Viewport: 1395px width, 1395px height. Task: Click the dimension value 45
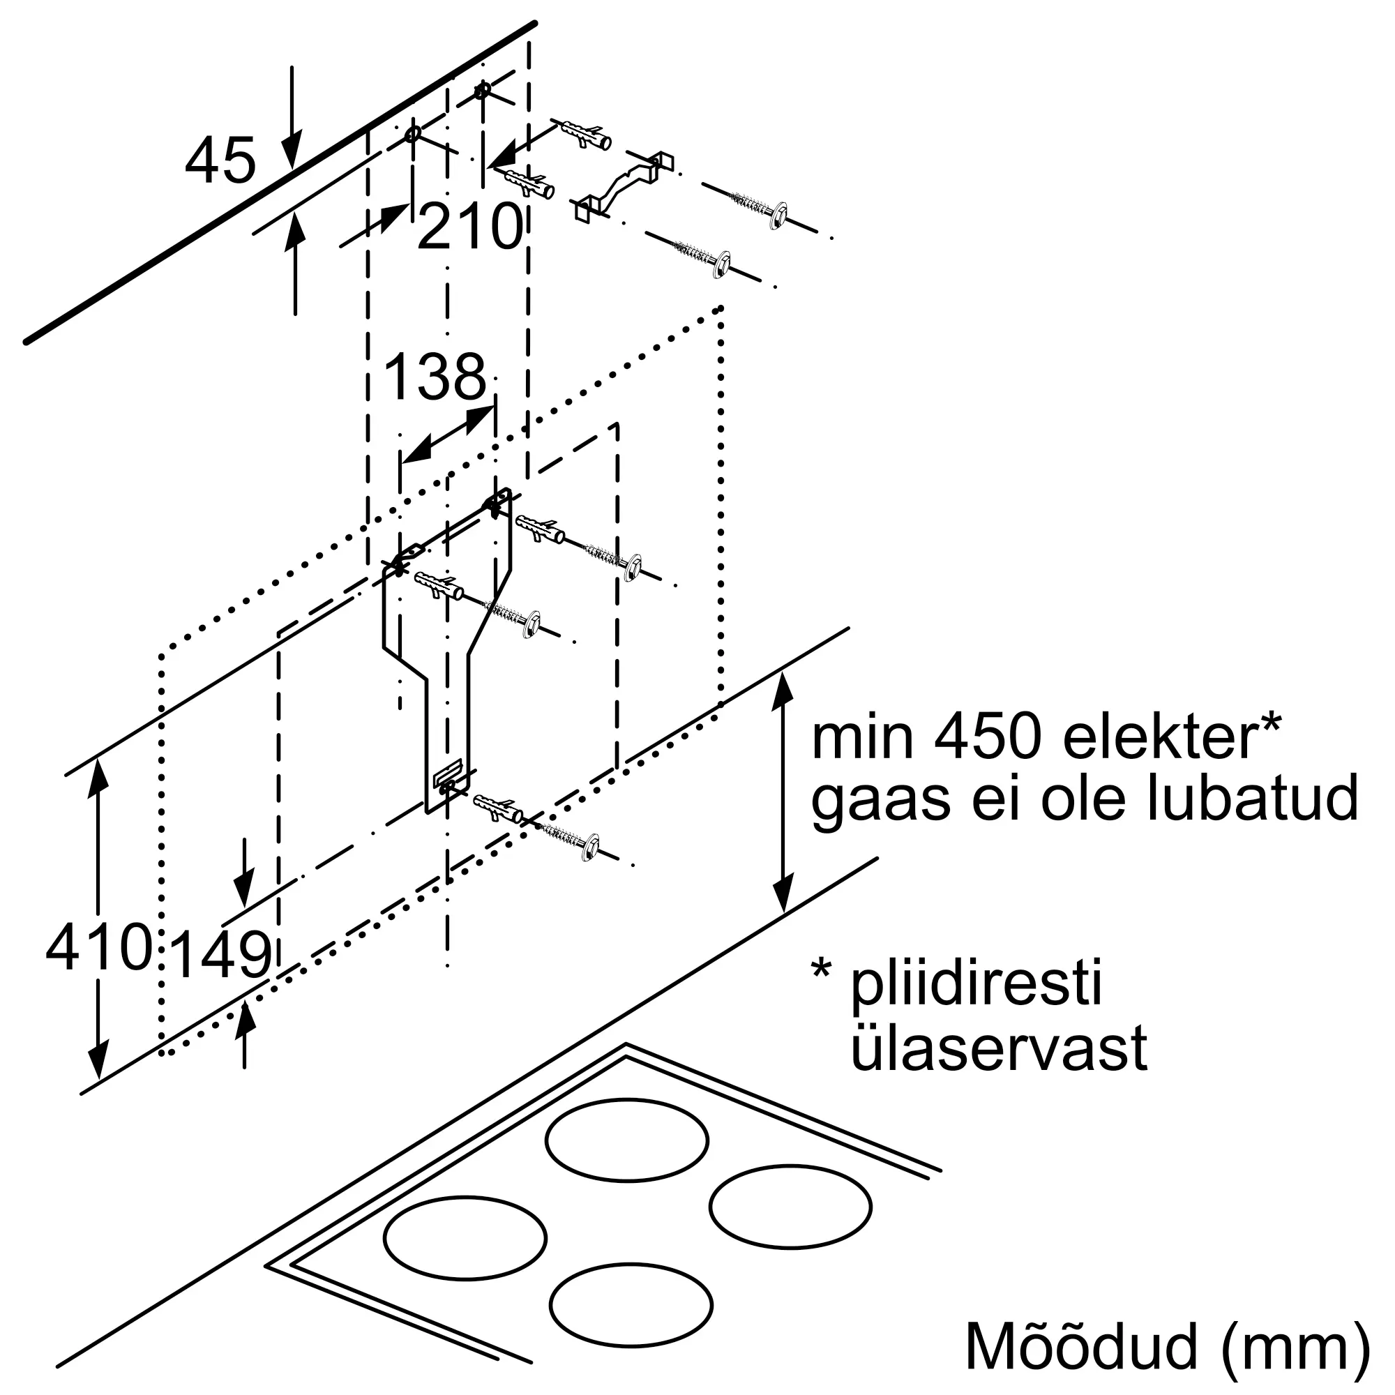point(220,160)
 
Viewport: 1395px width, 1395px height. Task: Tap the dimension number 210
point(470,226)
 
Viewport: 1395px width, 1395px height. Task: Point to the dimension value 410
point(99,947)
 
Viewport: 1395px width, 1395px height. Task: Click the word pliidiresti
point(977,983)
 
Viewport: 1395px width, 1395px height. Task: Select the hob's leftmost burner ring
point(465,1238)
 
